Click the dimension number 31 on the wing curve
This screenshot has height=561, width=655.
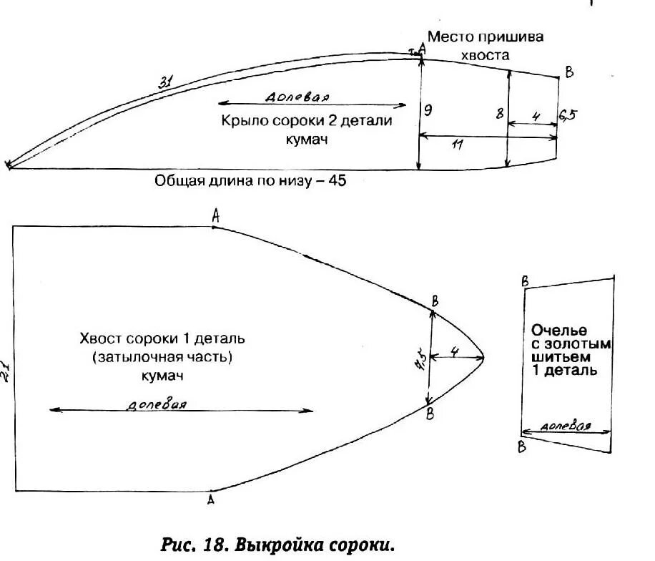coord(164,83)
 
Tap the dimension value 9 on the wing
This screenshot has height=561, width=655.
coord(428,110)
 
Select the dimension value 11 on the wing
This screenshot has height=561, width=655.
coord(458,145)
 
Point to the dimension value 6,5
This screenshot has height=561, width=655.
coord(568,114)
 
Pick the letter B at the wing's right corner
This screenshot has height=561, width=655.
coord(568,72)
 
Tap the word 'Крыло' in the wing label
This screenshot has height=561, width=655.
coord(245,121)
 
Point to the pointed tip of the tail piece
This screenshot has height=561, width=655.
coord(486,357)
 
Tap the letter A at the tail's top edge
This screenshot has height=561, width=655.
coord(215,215)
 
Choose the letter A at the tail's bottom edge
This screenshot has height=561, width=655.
coord(210,500)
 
